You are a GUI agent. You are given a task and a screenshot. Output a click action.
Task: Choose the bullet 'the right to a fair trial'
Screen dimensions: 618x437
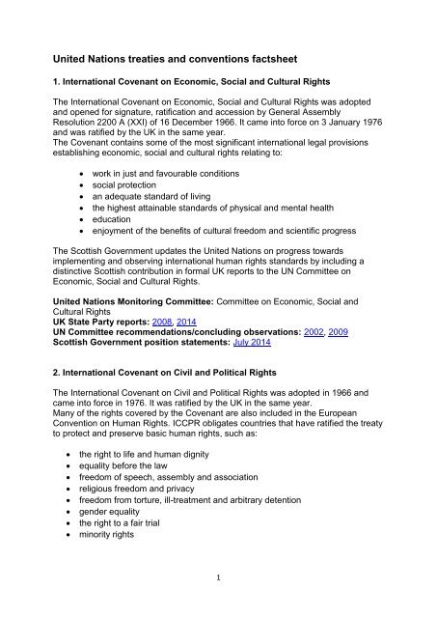pyautogui.click(x=146, y=534)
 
